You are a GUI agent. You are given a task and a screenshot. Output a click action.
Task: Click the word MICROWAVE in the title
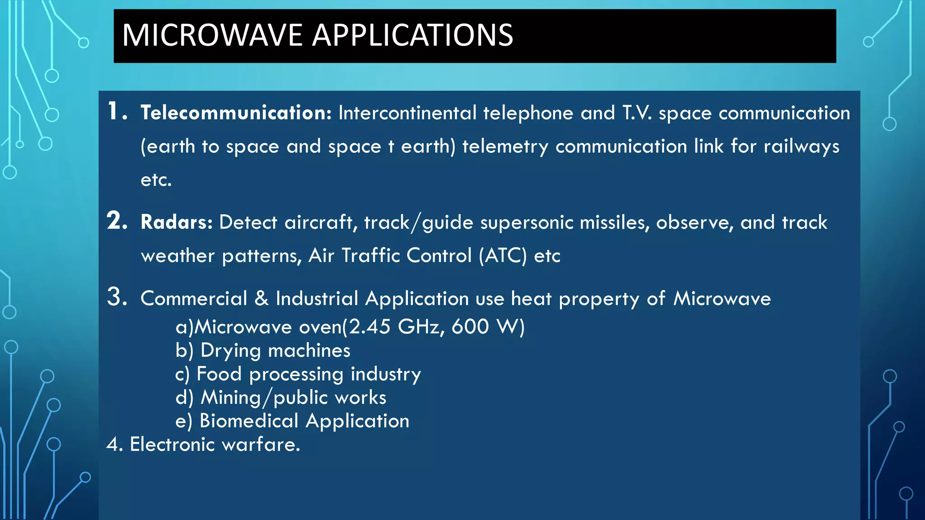click(x=212, y=35)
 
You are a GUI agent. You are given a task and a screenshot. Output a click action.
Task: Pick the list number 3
click(x=117, y=297)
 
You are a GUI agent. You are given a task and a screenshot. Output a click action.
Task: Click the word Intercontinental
click(x=407, y=113)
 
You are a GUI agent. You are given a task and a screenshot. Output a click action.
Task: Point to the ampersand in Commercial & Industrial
click(x=262, y=298)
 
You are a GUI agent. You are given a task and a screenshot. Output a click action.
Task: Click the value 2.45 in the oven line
click(x=369, y=326)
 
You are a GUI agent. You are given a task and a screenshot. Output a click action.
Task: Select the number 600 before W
click(x=470, y=326)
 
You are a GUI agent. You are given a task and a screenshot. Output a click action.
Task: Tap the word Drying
click(x=230, y=351)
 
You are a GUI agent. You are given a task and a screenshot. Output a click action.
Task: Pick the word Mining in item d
click(x=231, y=398)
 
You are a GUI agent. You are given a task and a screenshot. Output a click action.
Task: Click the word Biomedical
click(x=249, y=421)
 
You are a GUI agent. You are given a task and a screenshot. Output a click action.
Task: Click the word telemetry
click(x=505, y=147)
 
